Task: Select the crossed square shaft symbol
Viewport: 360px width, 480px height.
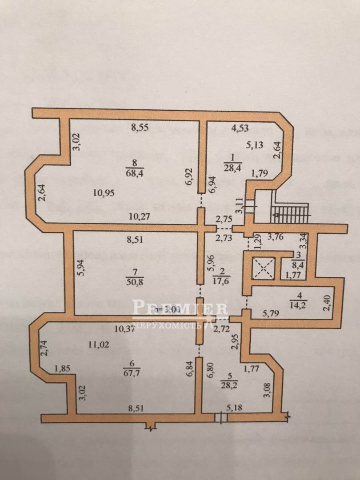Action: click(263, 269)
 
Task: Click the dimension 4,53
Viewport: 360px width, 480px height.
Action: click(240, 129)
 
